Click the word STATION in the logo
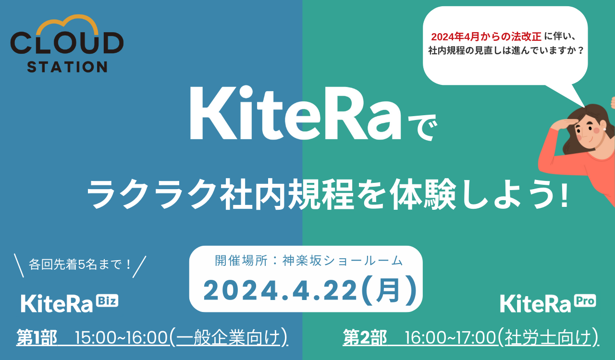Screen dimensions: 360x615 coord(67,66)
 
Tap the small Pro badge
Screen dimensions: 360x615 coord(585,301)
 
